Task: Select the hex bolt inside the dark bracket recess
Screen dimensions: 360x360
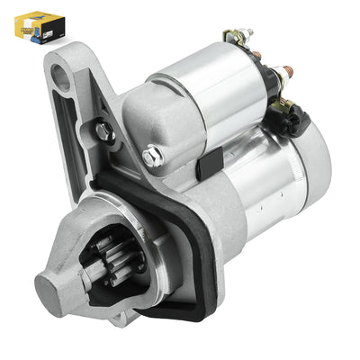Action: (x=105, y=132)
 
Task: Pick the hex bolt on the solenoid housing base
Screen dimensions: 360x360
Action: (x=152, y=157)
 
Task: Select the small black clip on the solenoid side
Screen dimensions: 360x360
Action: (x=209, y=162)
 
